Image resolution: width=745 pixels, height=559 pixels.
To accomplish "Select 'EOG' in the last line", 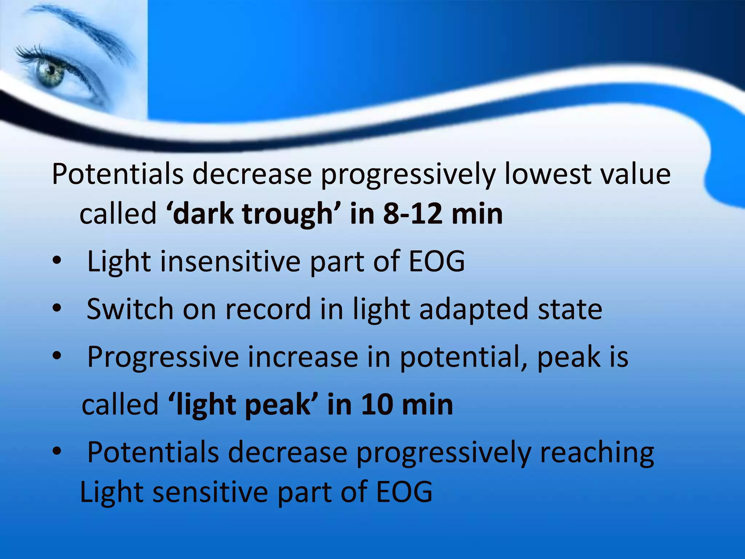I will pos(404,492).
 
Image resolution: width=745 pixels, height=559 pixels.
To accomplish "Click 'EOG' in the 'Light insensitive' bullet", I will pos(437,261).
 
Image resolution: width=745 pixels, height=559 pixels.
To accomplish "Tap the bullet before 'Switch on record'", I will pos(57,309).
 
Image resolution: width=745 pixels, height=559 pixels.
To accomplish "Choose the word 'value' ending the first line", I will pos(635,174).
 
